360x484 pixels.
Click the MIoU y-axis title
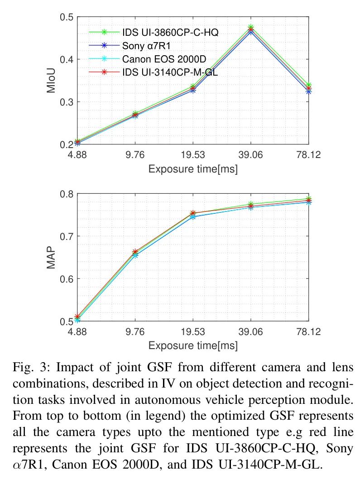pos(51,81)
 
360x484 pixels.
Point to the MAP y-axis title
pos(51,257)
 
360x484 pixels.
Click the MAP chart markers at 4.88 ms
pos(77,318)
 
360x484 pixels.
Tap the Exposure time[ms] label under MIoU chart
pos(193,169)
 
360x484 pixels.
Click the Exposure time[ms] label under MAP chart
pos(193,346)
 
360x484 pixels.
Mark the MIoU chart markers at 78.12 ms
pos(308,88)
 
